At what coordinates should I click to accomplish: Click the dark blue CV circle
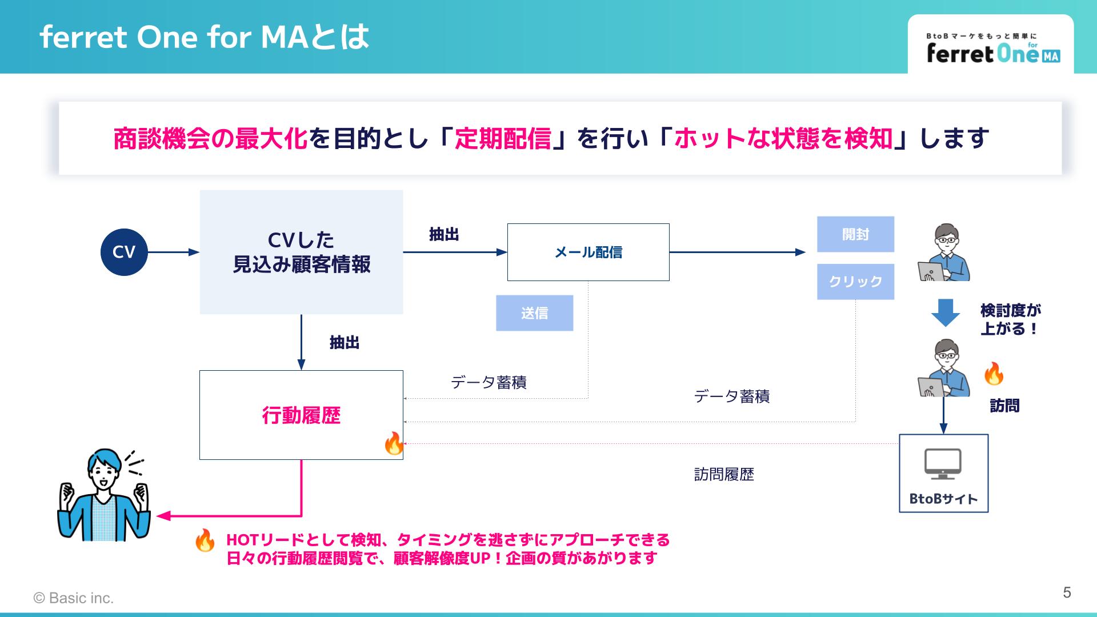[x=124, y=252]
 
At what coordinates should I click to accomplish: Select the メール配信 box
[x=588, y=252]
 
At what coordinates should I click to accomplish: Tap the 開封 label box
[x=855, y=234]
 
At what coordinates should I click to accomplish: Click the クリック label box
[x=855, y=282]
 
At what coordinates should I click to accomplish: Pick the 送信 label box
[x=534, y=313]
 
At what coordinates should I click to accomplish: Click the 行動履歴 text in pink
[x=301, y=415]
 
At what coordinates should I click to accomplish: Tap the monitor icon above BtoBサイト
[x=943, y=464]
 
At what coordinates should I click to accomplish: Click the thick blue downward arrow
[x=946, y=312]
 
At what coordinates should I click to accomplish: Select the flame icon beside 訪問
[x=994, y=373]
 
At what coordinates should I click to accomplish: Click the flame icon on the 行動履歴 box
[x=394, y=443]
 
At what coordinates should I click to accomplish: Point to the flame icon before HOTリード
[x=205, y=540]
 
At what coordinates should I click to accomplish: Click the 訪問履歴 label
[x=724, y=474]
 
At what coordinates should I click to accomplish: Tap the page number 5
[x=1067, y=592]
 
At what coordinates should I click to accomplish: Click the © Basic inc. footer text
[x=74, y=598]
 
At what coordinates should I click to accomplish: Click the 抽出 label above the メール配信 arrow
[x=444, y=234]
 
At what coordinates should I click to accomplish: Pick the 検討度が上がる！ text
[x=1010, y=319]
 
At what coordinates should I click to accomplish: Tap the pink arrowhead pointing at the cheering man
[x=163, y=516]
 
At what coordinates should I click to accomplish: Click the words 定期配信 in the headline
[x=503, y=139]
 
